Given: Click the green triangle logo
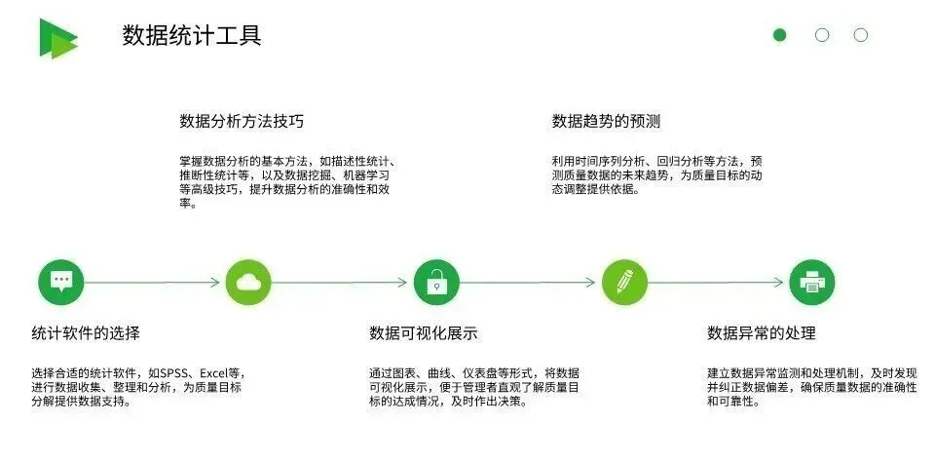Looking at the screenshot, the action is click(x=57, y=37).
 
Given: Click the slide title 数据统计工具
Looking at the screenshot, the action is click(x=192, y=36).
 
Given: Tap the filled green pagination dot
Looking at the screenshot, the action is click(x=779, y=35).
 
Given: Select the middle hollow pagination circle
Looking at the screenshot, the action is click(x=821, y=35).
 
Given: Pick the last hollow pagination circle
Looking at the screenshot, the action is click(x=860, y=35).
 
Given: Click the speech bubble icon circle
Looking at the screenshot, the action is click(x=61, y=283).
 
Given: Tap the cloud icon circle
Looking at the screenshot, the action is click(x=248, y=283).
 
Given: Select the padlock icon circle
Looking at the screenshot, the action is click(x=436, y=283).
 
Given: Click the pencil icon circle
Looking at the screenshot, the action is click(x=624, y=283).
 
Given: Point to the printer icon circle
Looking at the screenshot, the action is click(x=811, y=283).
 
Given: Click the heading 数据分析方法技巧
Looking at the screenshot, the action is click(x=242, y=122).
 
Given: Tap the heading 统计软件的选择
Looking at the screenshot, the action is click(x=86, y=333).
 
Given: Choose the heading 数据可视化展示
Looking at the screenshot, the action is click(x=423, y=333).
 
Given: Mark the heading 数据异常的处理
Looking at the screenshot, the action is click(x=762, y=333).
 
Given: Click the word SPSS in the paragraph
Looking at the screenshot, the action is click(x=177, y=372).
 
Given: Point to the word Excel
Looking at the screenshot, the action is click(x=215, y=372).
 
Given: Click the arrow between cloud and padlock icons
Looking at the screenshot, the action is click(x=342, y=283).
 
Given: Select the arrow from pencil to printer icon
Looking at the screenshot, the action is click(x=718, y=283).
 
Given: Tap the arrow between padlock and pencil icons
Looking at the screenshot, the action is click(x=530, y=283).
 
